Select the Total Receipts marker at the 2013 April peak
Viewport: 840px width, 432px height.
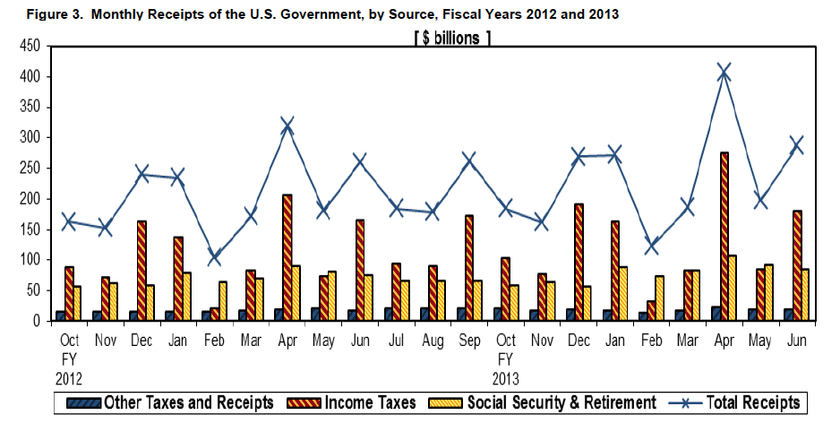click(724, 72)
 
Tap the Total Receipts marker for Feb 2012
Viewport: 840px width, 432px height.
click(213, 257)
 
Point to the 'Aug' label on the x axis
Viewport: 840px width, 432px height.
click(432, 341)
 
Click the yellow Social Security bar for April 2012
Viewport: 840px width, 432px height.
click(296, 292)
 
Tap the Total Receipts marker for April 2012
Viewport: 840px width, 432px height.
click(287, 125)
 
